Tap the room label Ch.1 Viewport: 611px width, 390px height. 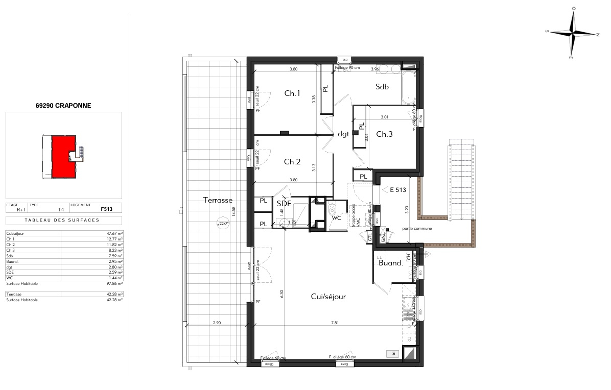pos(292,93)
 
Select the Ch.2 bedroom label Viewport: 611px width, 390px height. pos(292,162)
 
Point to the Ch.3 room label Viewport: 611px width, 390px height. pos(385,134)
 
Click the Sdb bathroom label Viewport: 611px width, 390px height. pos(382,87)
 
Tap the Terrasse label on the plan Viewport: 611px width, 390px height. pos(217,200)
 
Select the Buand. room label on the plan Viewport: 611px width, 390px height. pos(391,263)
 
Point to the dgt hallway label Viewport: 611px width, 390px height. pos(343,134)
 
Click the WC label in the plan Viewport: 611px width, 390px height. pos(336,218)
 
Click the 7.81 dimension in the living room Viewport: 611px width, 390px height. pos(335,323)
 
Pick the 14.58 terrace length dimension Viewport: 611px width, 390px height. pos(233,212)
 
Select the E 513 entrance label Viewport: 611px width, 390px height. pos(397,189)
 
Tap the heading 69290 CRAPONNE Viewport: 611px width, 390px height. pos(63,106)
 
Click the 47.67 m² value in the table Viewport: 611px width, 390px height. pos(115,233)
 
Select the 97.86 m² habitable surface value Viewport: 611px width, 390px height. pos(115,283)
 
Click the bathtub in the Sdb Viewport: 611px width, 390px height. pos(409,87)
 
